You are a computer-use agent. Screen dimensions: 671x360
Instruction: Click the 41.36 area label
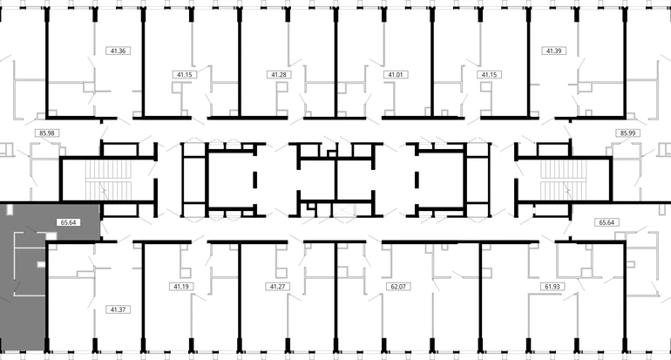point(119,51)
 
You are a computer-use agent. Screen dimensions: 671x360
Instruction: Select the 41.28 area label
point(279,75)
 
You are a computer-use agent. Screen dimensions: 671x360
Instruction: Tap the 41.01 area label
point(396,75)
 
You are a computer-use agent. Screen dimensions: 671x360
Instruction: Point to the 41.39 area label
point(554,51)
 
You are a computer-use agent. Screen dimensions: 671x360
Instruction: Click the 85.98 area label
point(47,133)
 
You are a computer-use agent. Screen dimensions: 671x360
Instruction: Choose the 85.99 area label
point(627,133)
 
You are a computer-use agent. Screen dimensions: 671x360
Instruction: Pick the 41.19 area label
point(181,287)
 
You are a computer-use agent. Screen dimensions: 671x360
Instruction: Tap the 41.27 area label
point(278,287)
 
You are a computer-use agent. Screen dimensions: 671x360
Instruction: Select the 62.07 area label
point(398,287)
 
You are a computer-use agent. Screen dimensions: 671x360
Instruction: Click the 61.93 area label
point(552,287)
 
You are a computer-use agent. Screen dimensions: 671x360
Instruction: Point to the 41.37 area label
point(119,309)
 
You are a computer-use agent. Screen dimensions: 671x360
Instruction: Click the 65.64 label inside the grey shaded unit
point(69,222)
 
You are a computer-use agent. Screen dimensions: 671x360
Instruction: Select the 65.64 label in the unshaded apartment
point(607,222)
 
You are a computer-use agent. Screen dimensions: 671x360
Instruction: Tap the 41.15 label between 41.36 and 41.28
point(185,75)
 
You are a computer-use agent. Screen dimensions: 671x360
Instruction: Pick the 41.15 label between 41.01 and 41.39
point(489,75)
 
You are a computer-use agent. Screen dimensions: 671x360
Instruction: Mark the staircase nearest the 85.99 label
point(563,180)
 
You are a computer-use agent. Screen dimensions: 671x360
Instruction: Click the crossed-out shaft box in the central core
point(343,211)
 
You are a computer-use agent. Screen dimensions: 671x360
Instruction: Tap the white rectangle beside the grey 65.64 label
point(51,236)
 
